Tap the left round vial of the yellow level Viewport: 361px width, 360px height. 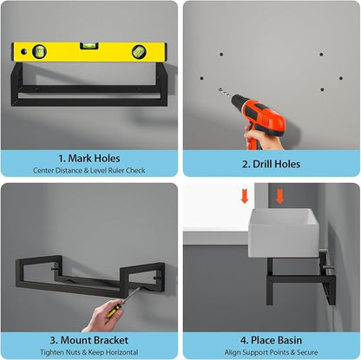(x=39, y=51)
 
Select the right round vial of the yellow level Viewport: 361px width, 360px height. (x=139, y=52)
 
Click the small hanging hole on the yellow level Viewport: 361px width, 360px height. (x=23, y=51)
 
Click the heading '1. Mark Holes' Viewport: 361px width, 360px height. (x=89, y=159)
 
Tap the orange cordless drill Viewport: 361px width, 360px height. (x=258, y=120)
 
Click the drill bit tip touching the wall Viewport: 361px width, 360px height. (x=220, y=90)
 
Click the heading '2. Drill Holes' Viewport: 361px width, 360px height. (x=271, y=164)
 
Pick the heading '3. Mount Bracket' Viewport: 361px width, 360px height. (x=89, y=340)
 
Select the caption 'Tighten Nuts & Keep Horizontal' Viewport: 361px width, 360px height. (x=89, y=352)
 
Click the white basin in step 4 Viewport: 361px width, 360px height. (x=284, y=233)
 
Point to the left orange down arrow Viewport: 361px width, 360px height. (x=245, y=196)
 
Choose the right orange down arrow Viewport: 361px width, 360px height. (x=279, y=196)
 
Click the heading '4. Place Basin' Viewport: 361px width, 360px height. (x=271, y=340)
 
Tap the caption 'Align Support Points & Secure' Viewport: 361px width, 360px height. (x=271, y=352)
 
